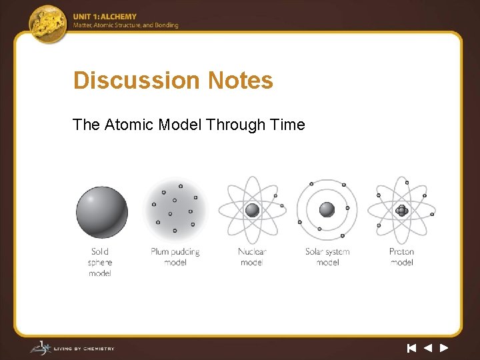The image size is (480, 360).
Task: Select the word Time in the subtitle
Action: click(287, 125)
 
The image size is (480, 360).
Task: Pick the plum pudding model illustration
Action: click(175, 210)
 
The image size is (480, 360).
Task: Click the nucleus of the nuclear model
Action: click(252, 210)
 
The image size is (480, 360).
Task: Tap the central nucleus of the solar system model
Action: click(327, 210)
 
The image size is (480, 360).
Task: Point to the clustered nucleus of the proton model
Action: click(401, 210)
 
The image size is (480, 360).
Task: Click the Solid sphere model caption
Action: click(100, 262)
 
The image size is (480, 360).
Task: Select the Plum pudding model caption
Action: click(175, 257)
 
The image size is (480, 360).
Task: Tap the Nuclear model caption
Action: click(252, 257)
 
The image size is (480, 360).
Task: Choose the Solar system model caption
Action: click(327, 257)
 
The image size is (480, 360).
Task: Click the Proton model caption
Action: click(401, 257)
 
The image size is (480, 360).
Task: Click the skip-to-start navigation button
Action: click(412, 347)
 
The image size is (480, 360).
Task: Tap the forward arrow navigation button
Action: click(444, 347)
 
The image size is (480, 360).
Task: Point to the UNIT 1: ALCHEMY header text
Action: click(105, 17)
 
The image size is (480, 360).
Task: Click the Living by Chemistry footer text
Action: click(87, 348)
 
